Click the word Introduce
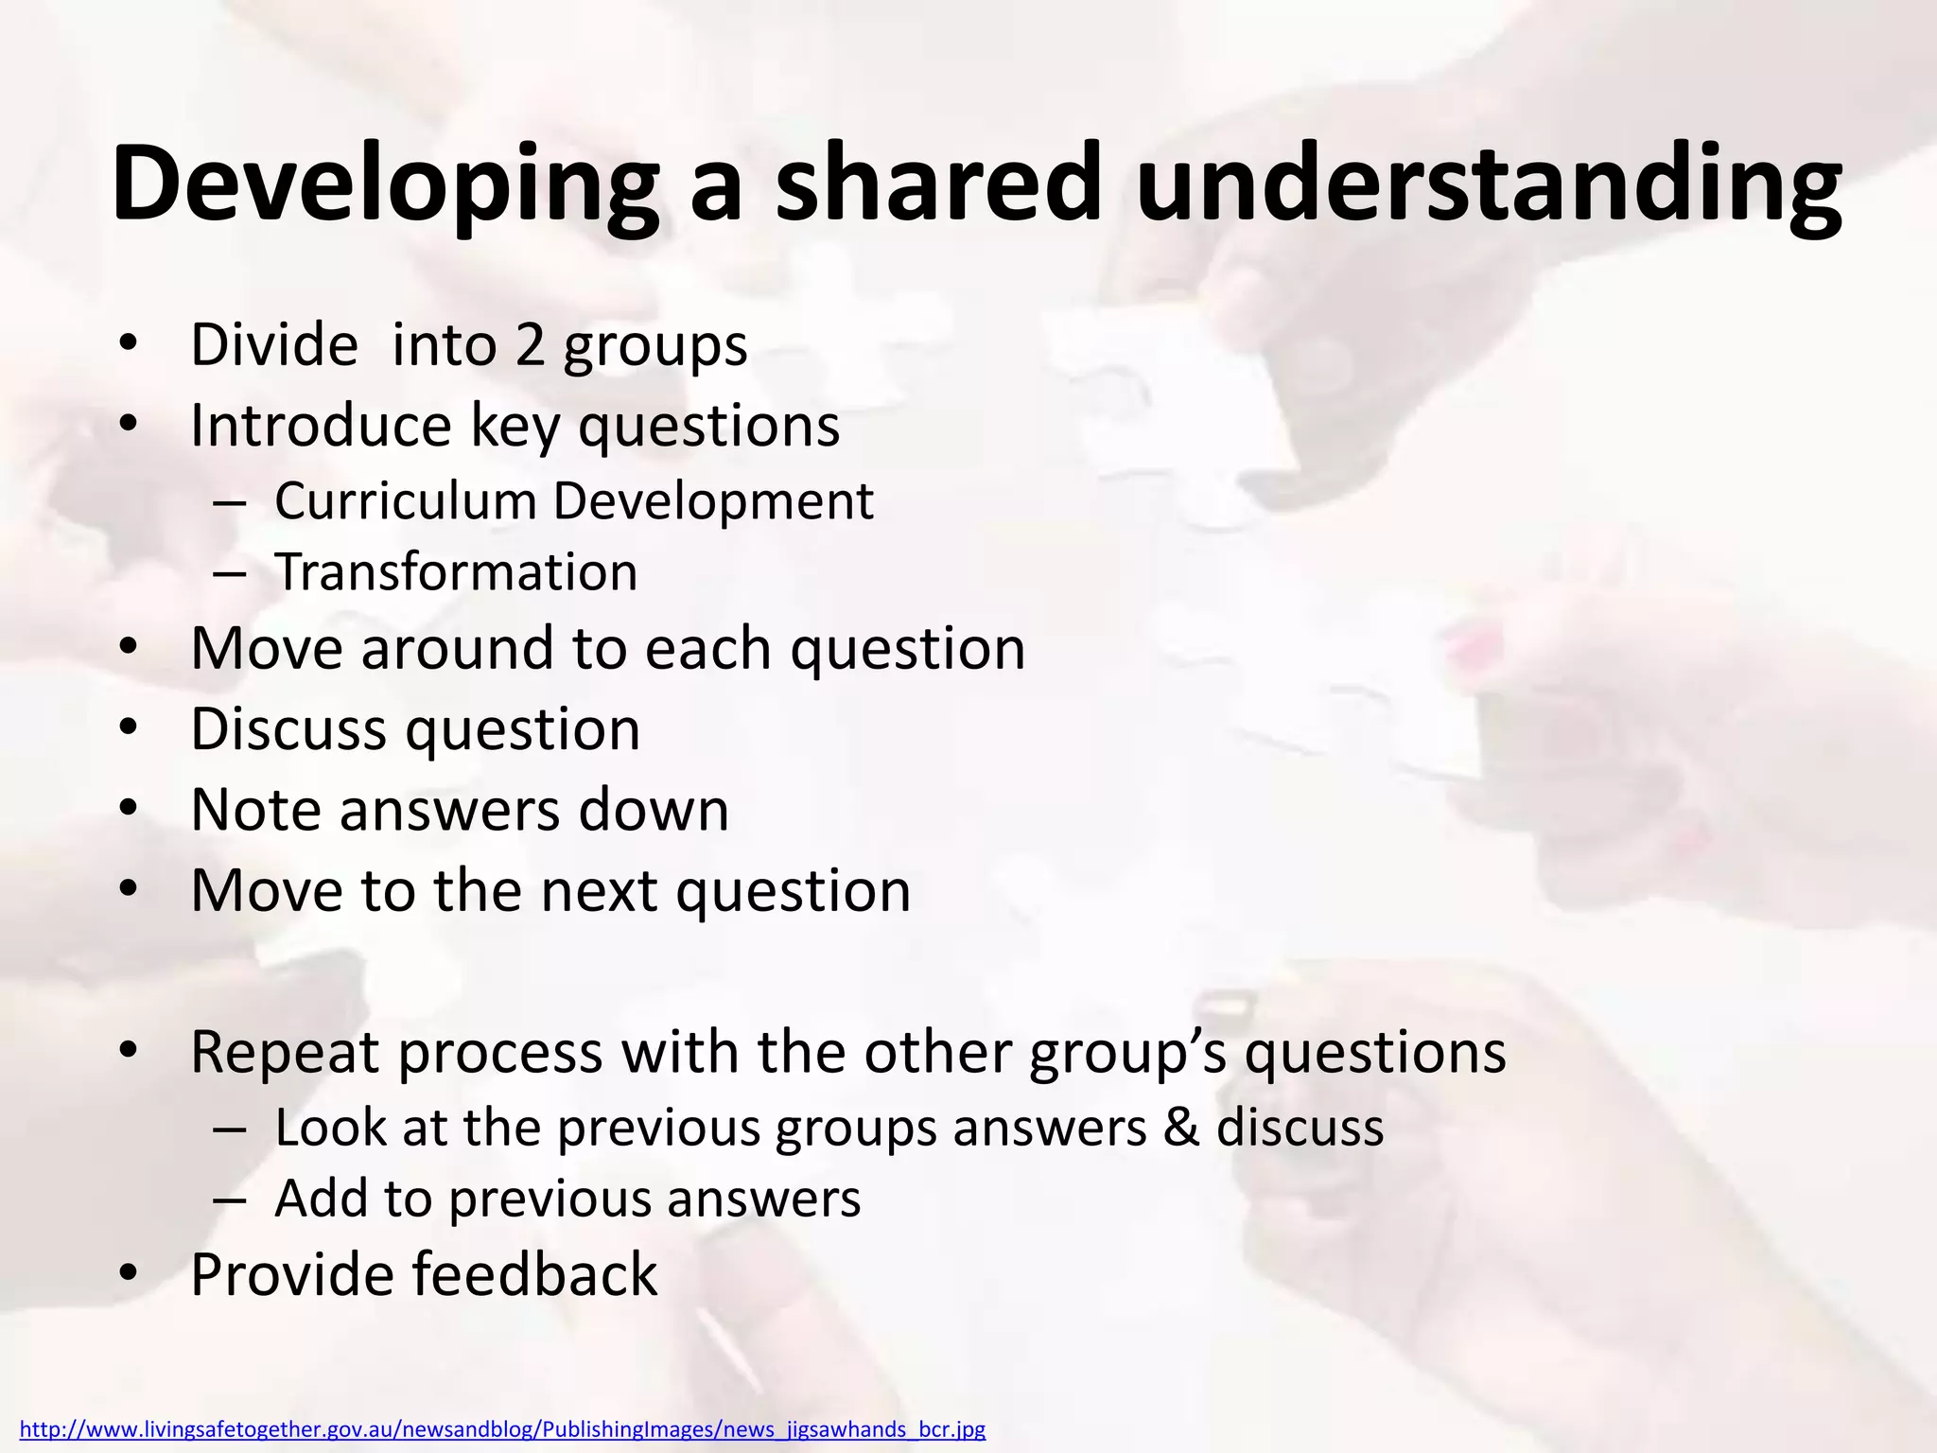click(321, 426)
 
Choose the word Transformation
click(456, 572)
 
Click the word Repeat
click(285, 1052)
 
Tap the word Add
click(320, 1199)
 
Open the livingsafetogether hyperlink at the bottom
click(502, 1429)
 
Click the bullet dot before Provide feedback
click(130, 1275)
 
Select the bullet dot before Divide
click(130, 346)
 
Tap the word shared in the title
click(937, 184)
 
